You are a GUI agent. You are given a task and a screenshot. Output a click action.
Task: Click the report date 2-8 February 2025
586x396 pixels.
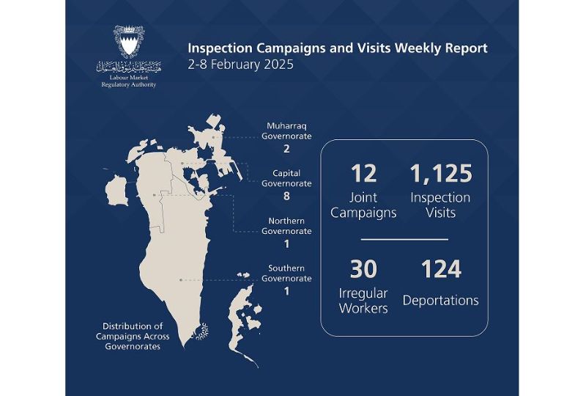tap(241, 65)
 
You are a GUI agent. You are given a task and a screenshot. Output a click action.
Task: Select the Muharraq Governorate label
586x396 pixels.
tap(286, 131)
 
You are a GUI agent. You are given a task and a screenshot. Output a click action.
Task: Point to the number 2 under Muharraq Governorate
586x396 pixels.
tap(286, 149)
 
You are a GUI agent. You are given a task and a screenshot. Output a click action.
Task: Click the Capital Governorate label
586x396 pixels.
tap(286, 178)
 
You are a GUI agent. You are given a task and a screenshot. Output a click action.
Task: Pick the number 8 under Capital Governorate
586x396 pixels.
tap(286, 196)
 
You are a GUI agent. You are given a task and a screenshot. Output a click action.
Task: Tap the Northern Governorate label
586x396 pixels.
tap(286, 226)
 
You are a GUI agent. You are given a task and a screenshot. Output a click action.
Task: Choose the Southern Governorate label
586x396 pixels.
tap(286, 274)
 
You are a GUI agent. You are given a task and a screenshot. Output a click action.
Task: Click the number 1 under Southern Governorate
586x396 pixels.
tap(286, 291)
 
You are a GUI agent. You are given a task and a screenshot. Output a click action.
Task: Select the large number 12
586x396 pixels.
tap(363, 174)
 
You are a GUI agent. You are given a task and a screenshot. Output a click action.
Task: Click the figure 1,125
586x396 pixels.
tap(441, 174)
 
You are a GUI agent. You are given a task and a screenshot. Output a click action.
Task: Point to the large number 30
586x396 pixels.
tap(363, 269)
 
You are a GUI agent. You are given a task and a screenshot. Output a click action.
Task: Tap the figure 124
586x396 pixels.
tap(441, 269)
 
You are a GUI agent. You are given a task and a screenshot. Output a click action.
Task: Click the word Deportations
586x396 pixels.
tap(441, 301)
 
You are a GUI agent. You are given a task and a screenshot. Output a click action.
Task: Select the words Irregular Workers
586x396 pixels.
tap(363, 301)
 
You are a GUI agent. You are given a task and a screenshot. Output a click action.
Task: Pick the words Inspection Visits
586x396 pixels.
tap(441, 205)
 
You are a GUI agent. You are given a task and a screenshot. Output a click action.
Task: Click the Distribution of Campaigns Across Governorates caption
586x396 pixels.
tap(133, 336)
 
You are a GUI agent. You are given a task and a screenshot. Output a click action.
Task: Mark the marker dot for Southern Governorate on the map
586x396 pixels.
tap(181, 279)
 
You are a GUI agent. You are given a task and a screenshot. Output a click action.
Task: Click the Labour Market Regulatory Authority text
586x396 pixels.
tap(129, 81)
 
